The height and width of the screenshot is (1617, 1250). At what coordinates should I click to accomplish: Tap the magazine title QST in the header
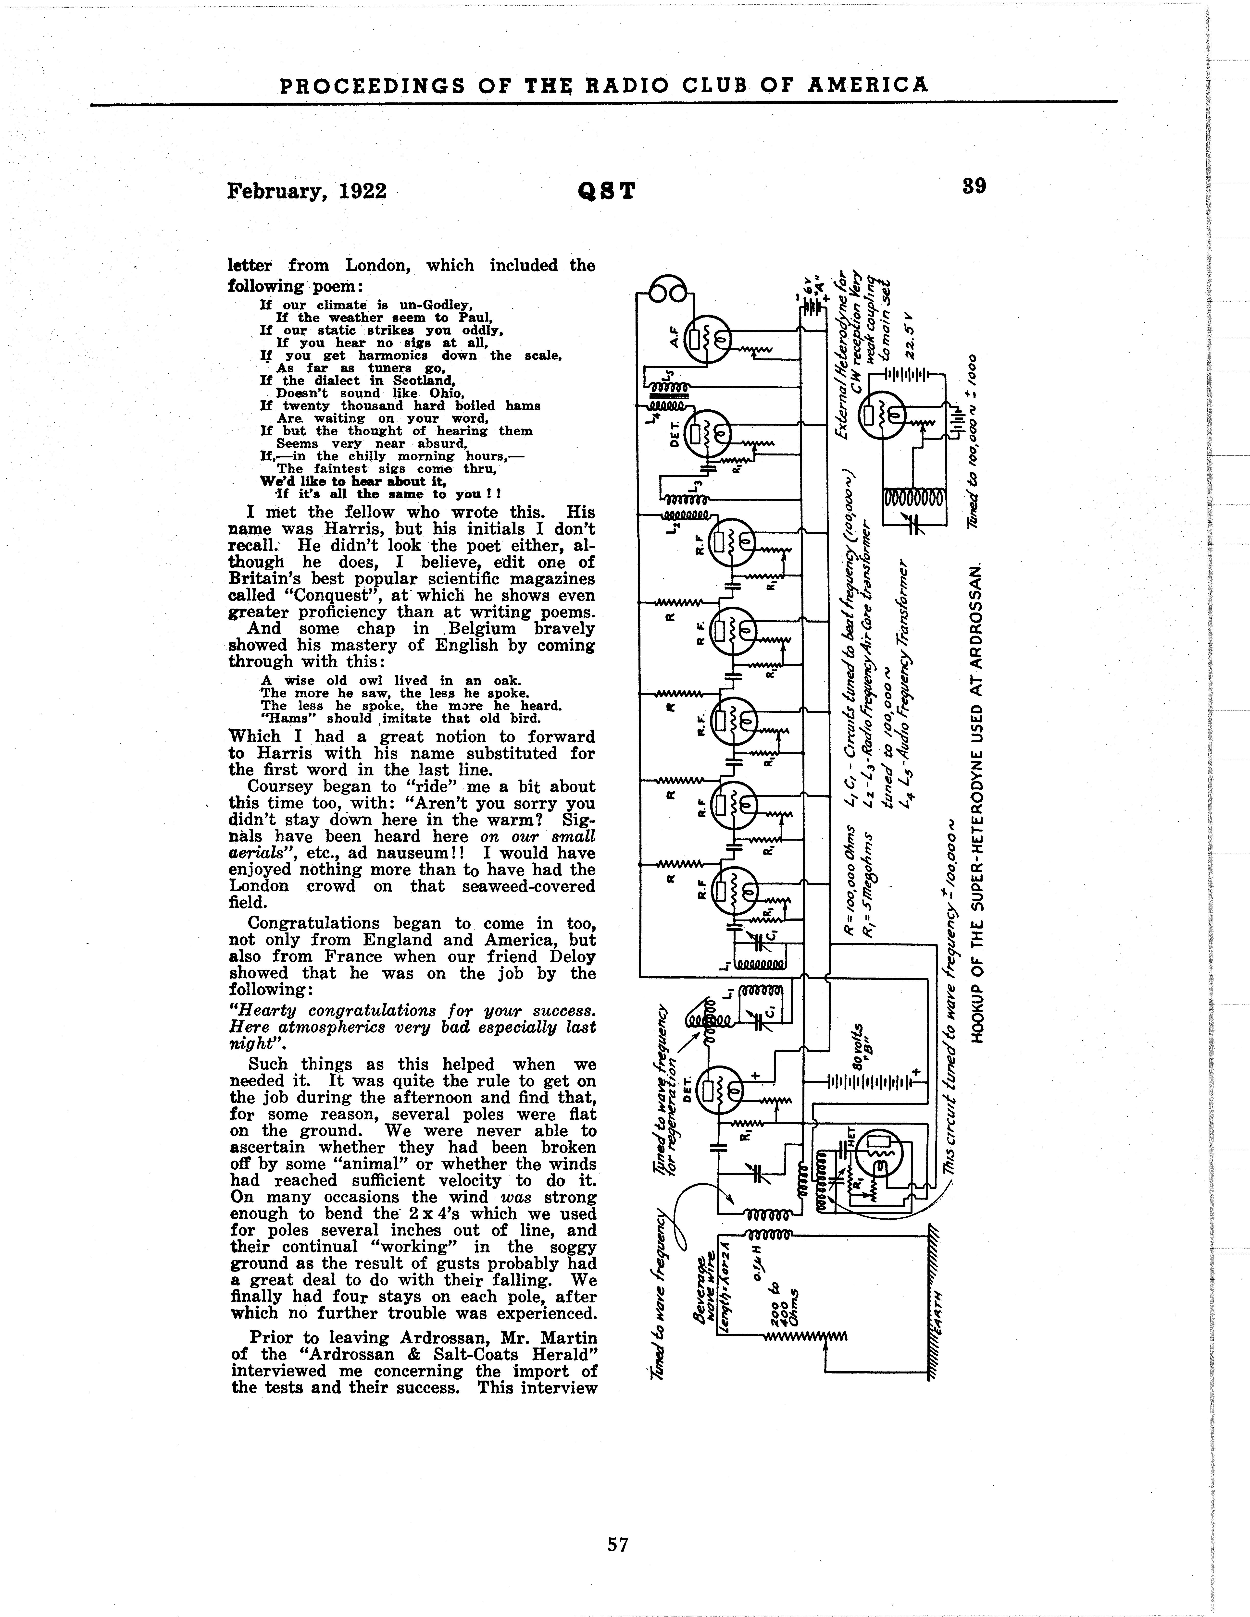(606, 191)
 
